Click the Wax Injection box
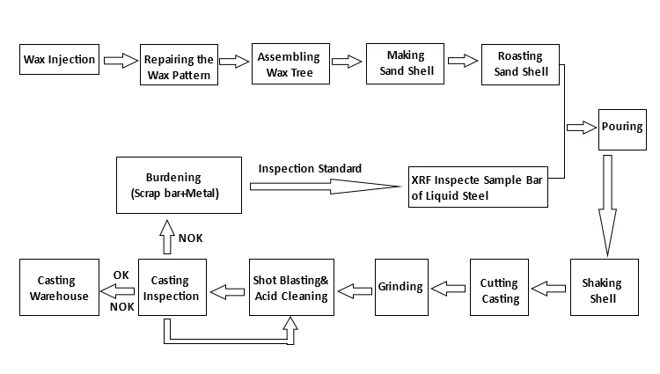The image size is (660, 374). click(x=58, y=61)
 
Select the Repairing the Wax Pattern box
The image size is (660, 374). click(x=178, y=64)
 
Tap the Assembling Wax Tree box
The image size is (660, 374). click(x=289, y=63)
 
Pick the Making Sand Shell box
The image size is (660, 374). click(x=405, y=63)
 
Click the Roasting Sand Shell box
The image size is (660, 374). click(x=521, y=63)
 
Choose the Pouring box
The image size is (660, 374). click(x=623, y=128)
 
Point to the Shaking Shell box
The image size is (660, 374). click(x=602, y=290)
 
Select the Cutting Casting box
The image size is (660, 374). click(x=500, y=290)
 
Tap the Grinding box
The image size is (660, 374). click(x=401, y=287)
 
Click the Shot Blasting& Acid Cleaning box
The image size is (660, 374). click(x=290, y=288)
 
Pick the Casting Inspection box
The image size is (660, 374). click(x=173, y=288)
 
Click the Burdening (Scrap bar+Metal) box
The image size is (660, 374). click(x=179, y=185)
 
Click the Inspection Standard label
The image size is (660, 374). click(x=310, y=167)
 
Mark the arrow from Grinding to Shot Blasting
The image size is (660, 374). click(x=356, y=288)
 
